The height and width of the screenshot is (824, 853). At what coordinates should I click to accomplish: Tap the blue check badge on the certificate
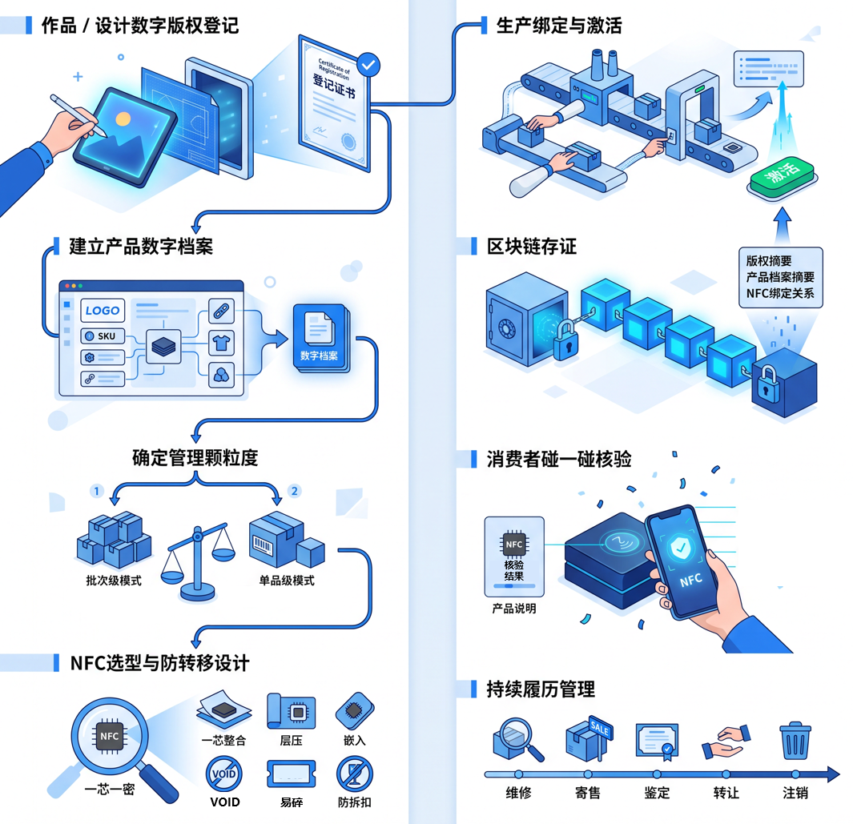[x=368, y=66]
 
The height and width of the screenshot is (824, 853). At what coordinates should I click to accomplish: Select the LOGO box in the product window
[x=103, y=311]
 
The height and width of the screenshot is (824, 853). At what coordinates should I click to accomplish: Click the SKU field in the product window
[x=103, y=336]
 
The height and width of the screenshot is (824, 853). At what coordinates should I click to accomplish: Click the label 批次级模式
[x=114, y=581]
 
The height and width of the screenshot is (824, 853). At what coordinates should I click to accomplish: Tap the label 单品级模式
[x=287, y=581]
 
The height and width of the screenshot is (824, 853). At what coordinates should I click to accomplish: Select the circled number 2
[x=294, y=491]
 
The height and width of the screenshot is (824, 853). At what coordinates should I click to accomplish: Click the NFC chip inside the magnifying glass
[x=109, y=736]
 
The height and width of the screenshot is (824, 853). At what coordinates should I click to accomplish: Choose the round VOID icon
[x=224, y=774]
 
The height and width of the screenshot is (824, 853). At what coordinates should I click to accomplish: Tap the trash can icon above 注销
[x=795, y=741]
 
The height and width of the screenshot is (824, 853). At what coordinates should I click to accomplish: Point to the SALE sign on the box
[x=601, y=727]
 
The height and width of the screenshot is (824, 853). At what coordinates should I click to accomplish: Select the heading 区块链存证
[x=532, y=247]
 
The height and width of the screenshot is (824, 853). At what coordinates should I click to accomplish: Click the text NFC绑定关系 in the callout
[x=780, y=294]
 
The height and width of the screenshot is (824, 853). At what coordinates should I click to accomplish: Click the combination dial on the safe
[x=507, y=328]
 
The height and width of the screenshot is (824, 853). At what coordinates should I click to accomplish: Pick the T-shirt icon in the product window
[x=221, y=344]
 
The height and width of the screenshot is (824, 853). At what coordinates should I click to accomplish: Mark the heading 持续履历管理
[x=541, y=689]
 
